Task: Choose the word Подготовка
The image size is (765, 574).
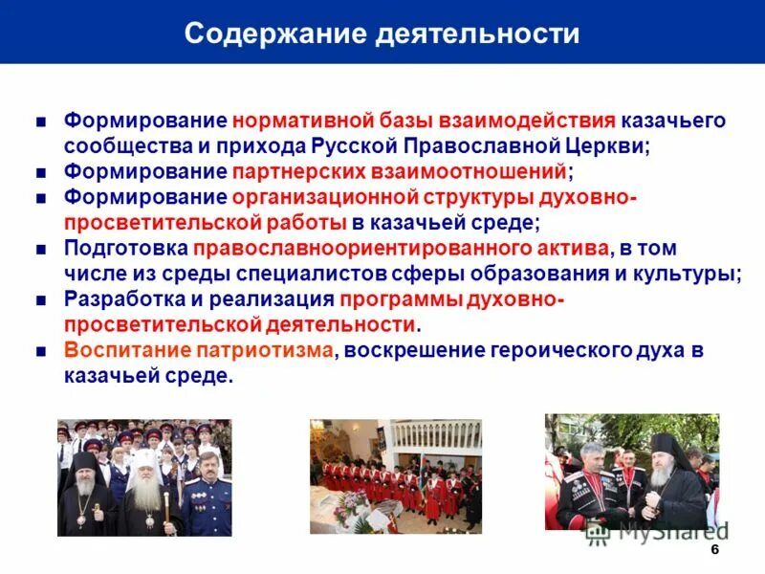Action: pos(124,248)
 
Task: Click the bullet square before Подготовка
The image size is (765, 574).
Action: pos(41,249)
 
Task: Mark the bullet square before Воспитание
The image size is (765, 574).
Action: pos(41,351)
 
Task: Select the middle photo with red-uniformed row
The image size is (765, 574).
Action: pos(395,475)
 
